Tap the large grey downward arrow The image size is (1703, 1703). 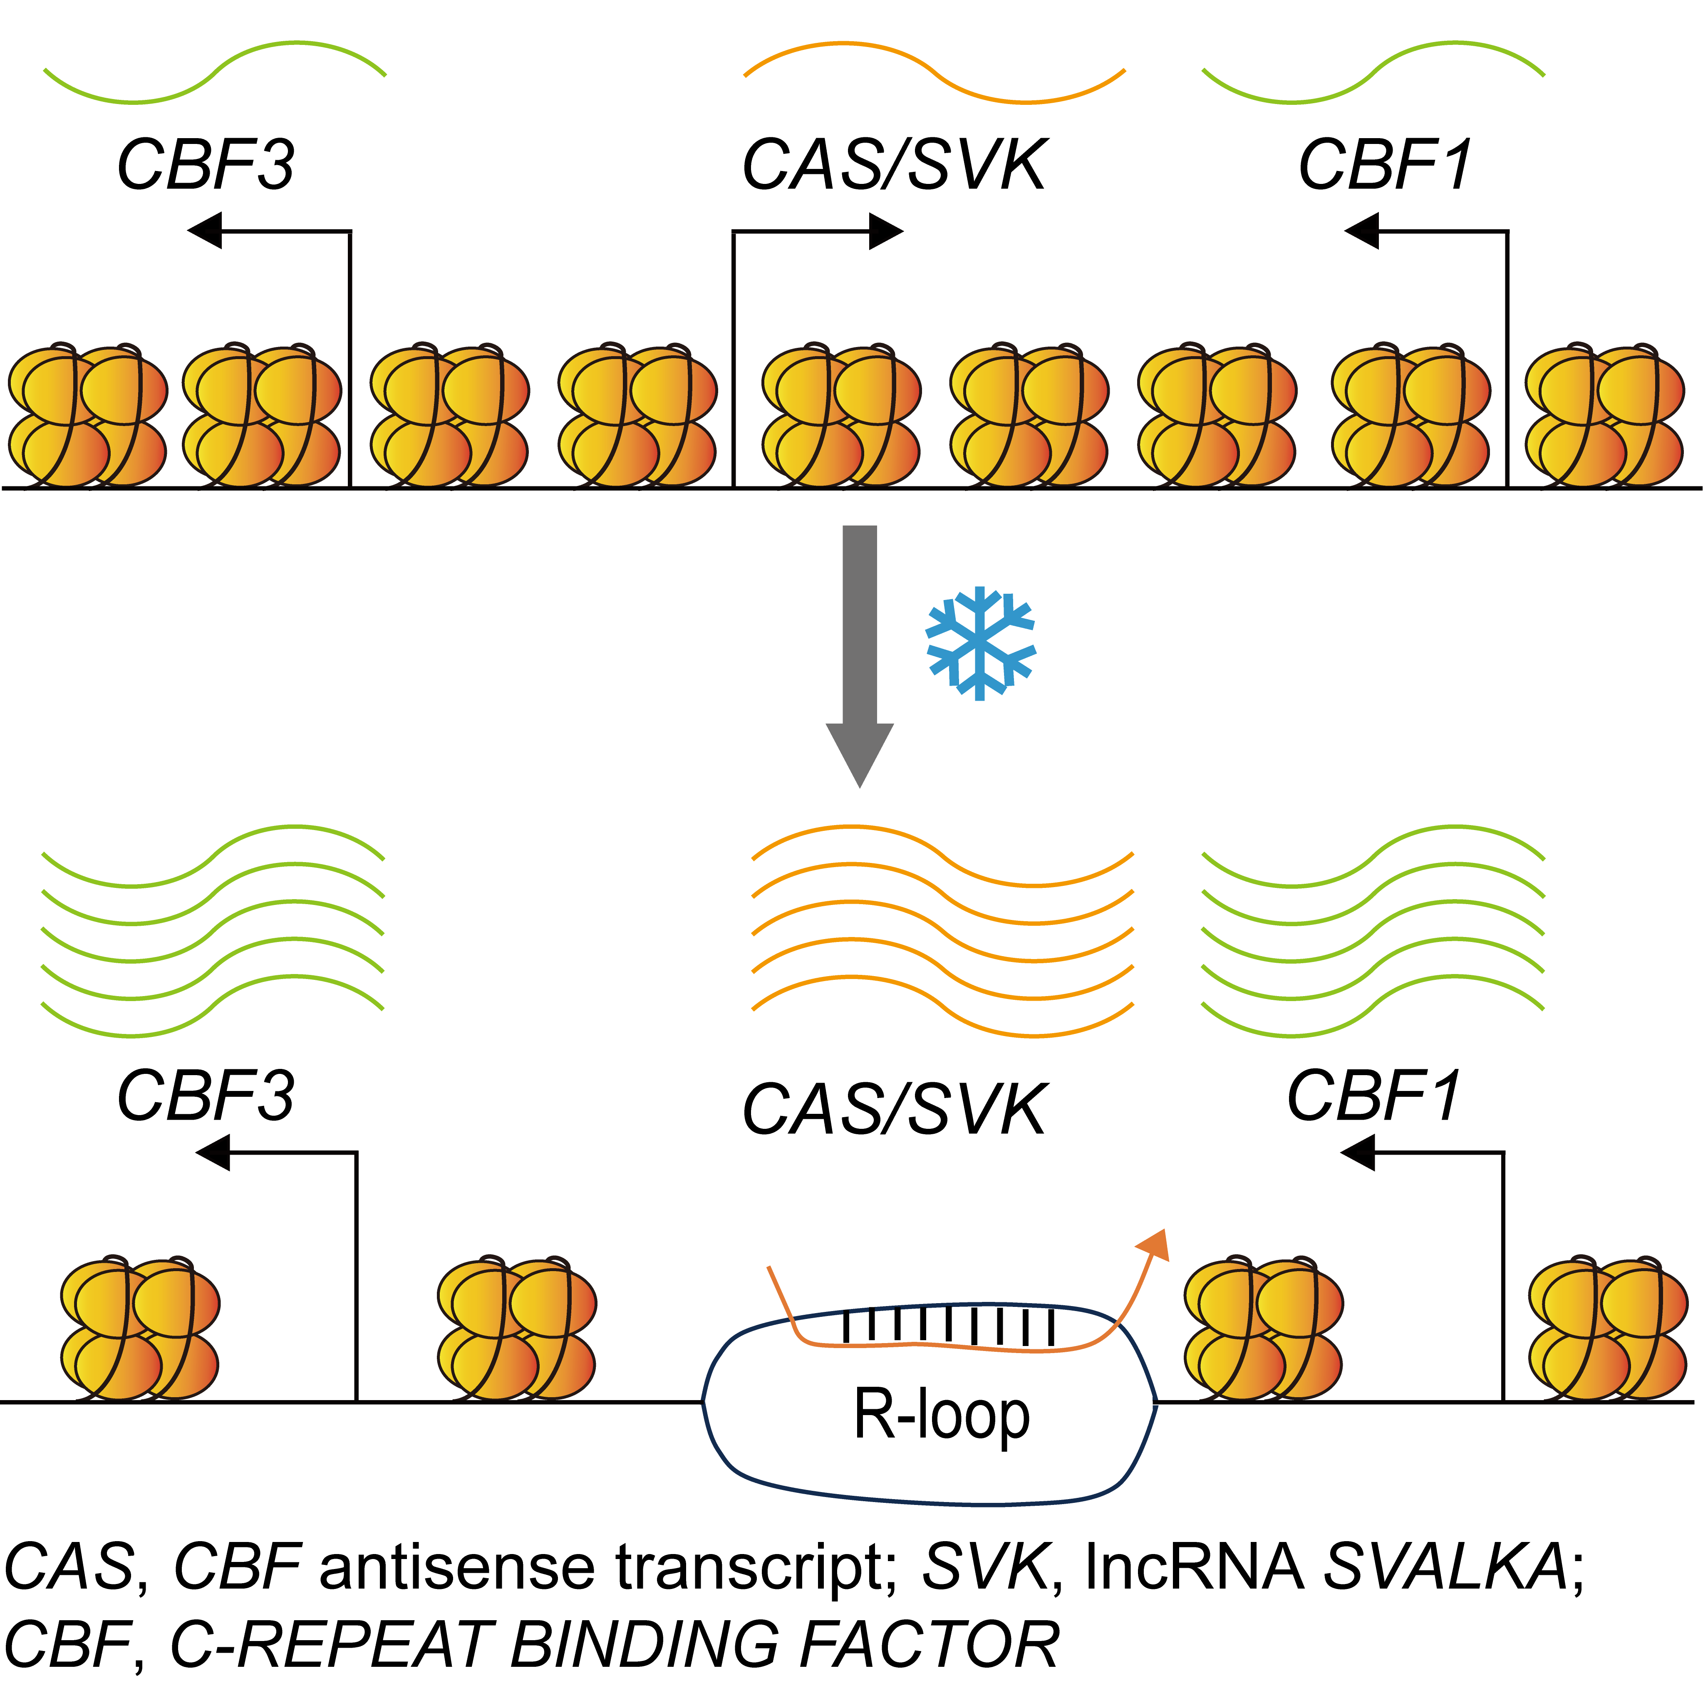860,652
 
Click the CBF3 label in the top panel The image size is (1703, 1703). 206,165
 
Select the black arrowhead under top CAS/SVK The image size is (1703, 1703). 886,231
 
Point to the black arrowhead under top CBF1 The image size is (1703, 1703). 1362,231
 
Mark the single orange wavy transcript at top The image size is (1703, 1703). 935,70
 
